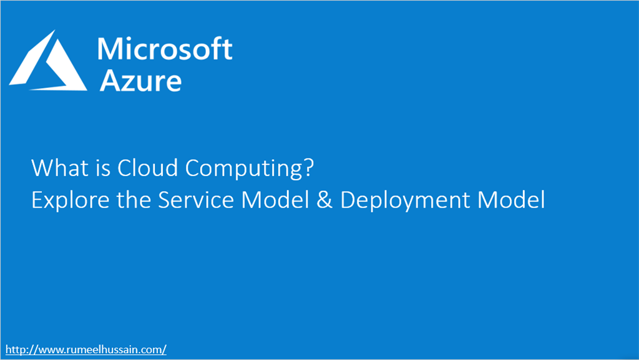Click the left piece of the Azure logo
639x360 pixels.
click(x=31, y=69)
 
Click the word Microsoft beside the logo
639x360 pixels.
click(x=165, y=49)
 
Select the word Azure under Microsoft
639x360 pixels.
click(x=140, y=80)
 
